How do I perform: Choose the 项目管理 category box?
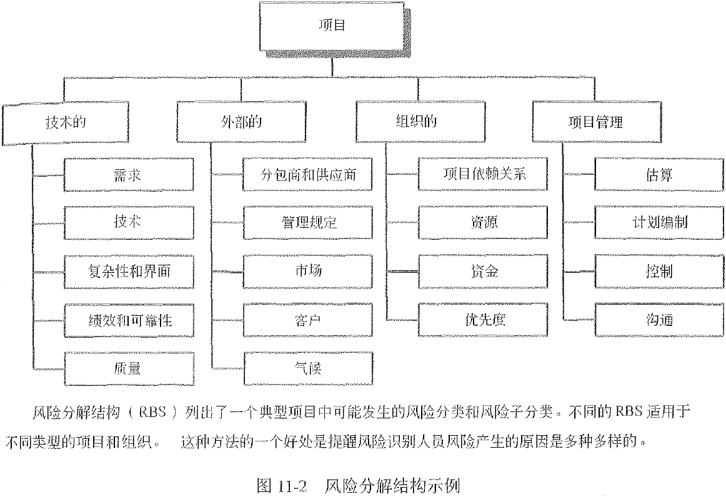pyautogui.click(x=595, y=121)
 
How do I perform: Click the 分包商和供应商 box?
pyautogui.click(x=308, y=174)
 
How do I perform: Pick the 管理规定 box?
pyautogui.click(x=308, y=222)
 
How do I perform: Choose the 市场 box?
pyautogui.click(x=308, y=271)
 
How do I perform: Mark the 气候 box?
pyautogui.click(x=308, y=368)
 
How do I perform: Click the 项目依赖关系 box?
pyautogui.click(x=484, y=174)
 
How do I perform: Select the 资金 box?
pyautogui.click(x=484, y=271)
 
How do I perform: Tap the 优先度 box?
pyautogui.click(x=484, y=320)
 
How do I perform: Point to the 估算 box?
pyautogui.click(x=659, y=174)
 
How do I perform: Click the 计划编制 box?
pyautogui.click(x=659, y=222)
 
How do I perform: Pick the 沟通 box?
pyautogui.click(x=659, y=320)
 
